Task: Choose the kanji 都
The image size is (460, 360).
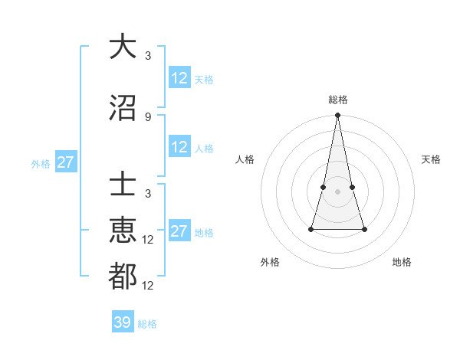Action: click(x=123, y=276)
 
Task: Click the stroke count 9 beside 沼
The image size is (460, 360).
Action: click(x=148, y=116)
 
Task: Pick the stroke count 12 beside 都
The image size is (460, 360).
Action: click(x=149, y=286)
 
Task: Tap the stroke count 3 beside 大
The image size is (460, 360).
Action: click(x=148, y=55)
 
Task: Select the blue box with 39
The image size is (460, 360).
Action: click(x=122, y=322)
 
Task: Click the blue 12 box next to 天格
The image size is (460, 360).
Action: click(x=179, y=77)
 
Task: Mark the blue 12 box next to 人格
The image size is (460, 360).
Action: click(x=179, y=147)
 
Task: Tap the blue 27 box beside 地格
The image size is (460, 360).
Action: click(x=179, y=231)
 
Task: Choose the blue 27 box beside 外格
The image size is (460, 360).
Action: click(x=66, y=162)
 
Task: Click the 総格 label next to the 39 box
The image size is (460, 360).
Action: click(x=147, y=324)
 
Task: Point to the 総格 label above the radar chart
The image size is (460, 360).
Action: click(x=337, y=100)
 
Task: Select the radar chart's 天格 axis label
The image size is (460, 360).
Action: click(x=432, y=159)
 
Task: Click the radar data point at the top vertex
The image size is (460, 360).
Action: click(x=337, y=116)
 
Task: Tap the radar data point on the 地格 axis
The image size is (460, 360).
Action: click(x=364, y=229)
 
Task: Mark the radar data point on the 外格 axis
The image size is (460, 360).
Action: click(x=311, y=229)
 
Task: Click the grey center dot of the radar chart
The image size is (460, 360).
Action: click(x=337, y=191)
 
